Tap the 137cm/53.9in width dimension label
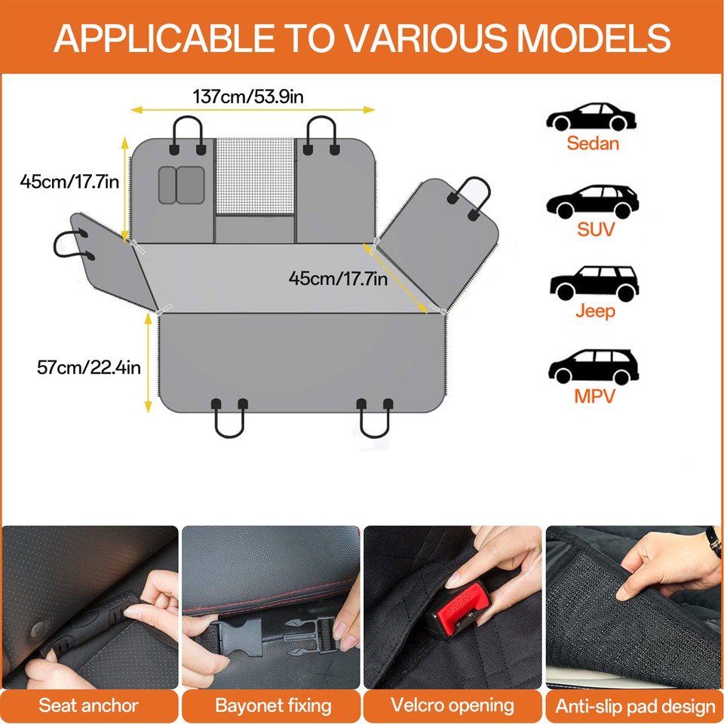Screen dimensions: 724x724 point(248,97)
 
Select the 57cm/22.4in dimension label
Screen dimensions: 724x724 point(88,367)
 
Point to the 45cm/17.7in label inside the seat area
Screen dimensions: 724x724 point(338,278)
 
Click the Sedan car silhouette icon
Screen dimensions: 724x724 point(592,117)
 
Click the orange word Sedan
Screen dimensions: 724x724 point(593,143)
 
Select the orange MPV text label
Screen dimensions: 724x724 point(594,395)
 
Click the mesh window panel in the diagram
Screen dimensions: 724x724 point(254,176)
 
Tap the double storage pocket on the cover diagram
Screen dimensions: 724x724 point(181,185)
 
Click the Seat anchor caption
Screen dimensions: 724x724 point(89,706)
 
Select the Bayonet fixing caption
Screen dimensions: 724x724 point(273,706)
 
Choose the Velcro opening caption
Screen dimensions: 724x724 point(452,706)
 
